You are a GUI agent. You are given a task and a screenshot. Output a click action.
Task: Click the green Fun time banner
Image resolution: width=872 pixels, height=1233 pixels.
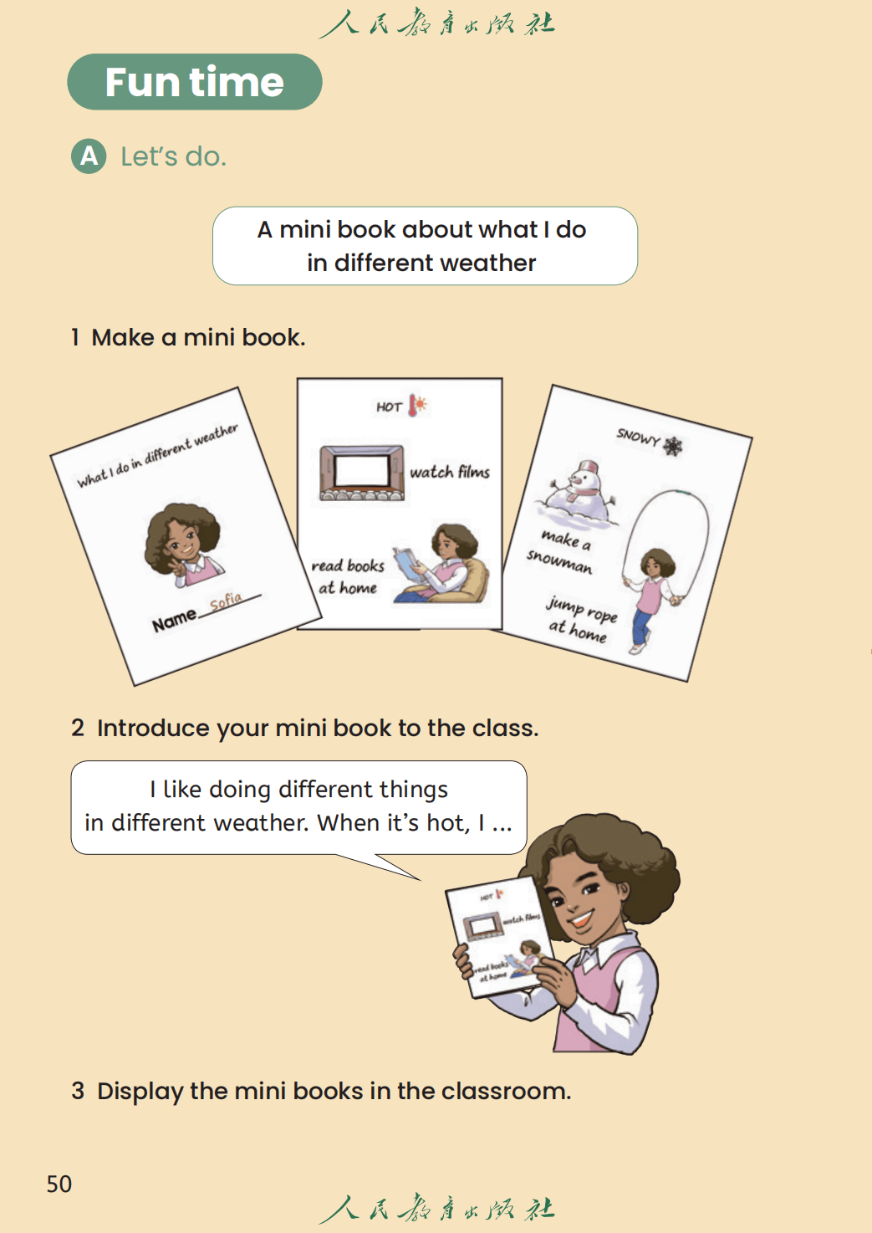coord(195,81)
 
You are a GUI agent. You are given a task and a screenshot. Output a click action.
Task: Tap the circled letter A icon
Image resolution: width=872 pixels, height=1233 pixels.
coord(89,156)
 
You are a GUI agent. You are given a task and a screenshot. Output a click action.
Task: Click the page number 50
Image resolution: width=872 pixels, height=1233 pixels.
coord(59,1184)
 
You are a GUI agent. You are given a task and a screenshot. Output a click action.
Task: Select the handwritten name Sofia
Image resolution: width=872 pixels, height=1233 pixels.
coord(226,601)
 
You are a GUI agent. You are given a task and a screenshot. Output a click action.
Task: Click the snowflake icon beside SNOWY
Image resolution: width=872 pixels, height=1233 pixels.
coord(672,446)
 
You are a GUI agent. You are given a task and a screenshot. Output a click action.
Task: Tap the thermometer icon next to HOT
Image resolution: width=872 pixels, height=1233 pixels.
coord(417,405)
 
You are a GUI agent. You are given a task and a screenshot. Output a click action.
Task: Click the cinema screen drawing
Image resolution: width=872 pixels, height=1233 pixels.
coord(362,473)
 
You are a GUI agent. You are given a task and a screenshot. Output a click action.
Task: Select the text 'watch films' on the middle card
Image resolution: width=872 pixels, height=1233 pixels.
coord(450,472)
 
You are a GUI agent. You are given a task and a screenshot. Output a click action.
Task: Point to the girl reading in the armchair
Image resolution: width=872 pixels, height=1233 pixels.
coord(440,564)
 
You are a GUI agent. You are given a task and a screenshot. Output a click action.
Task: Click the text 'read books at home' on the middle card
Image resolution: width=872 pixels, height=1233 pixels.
coord(348,576)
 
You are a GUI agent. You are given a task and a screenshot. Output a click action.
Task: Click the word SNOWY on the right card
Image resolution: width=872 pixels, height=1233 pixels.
coord(638,437)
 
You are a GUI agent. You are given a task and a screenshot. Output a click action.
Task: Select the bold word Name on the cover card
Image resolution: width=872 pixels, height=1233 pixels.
coord(175,621)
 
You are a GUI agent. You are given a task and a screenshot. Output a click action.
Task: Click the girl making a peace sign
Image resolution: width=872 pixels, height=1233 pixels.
coord(183,545)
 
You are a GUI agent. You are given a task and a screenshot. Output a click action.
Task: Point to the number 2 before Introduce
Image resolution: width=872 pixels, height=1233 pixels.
coord(78,728)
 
